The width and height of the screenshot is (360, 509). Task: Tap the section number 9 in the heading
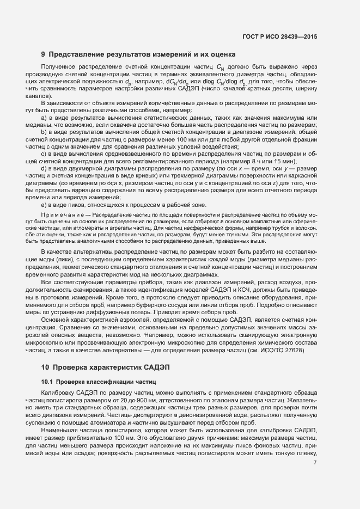(43, 54)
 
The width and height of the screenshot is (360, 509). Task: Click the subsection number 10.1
(47, 382)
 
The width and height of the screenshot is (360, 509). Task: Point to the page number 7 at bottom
(315, 447)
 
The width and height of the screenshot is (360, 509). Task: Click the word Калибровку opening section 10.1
(58, 393)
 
